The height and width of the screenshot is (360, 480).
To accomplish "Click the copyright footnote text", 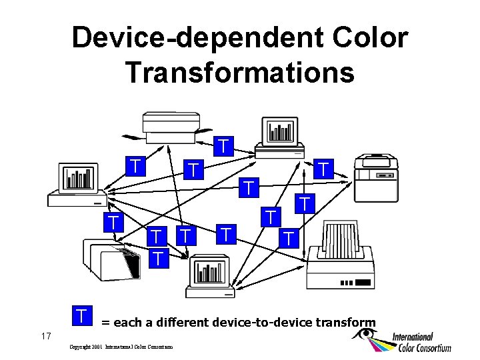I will pyautogui.click(x=121, y=347).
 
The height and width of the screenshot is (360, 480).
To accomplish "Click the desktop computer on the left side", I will pyautogui.click(x=78, y=183).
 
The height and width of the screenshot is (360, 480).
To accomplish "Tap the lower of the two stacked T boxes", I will pyautogui.click(x=157, y=257).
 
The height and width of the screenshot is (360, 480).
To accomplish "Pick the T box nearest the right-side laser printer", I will pyautogui.click(x=324, y=168).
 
